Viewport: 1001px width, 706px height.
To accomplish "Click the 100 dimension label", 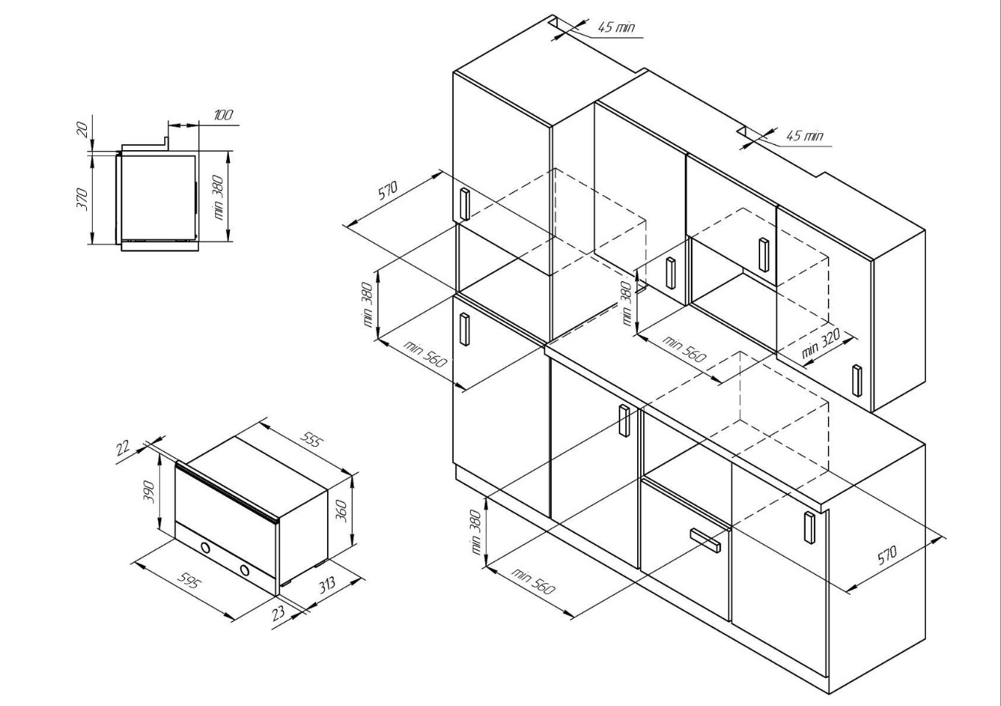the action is coord(223,115).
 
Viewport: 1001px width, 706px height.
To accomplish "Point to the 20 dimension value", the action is coord(82,130).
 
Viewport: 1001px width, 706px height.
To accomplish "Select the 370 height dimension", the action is coord(82,200).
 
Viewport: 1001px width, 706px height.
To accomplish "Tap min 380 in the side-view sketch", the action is coord(219,197).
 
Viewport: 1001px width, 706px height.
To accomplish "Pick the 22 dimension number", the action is coord(124,447).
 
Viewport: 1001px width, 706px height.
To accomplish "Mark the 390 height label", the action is coord(150,492).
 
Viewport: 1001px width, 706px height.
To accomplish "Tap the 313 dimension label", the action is coord(328,585).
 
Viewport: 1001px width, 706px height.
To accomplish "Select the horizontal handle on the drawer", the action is coord(706,541).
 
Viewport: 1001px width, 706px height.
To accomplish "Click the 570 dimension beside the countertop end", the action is coord(887,556).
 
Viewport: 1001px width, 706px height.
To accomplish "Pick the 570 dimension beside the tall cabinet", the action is coord(388,191).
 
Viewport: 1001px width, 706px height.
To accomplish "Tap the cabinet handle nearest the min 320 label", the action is coord(857,381).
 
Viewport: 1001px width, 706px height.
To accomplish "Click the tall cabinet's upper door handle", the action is coord(465,204).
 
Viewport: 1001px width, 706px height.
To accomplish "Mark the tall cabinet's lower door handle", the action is coord(465,329).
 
